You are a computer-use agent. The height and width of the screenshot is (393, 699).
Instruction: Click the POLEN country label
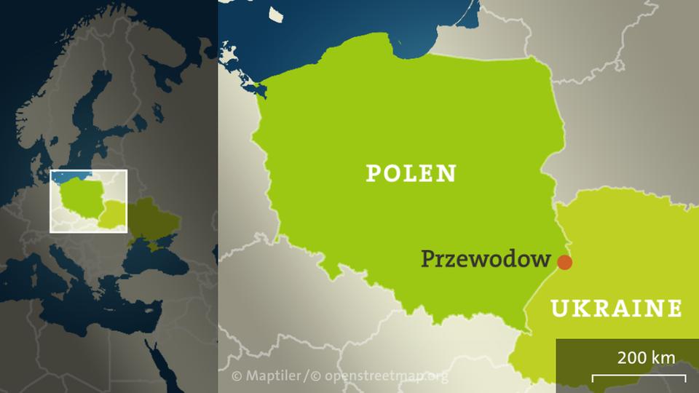click(x=411, y=173)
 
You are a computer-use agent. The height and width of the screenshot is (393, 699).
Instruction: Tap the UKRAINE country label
click(x=616, y=309)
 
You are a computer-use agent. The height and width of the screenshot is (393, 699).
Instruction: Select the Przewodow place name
click(x=486, y=258)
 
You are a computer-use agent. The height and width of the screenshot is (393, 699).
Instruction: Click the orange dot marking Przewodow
click(x=564, y=262)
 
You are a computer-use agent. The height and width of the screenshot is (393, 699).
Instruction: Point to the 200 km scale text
click(x=646, y=357)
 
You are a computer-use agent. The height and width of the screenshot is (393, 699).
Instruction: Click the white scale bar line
click(x=639, y=377)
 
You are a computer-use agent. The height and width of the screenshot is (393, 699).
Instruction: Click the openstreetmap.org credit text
click(x=387, y=376)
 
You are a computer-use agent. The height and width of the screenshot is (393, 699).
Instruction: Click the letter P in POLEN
click(x=373, y=173)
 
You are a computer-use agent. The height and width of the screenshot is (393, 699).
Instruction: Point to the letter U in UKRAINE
click(x=559, y=309)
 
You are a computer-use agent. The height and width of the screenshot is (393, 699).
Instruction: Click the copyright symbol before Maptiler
click(x=236, y=376)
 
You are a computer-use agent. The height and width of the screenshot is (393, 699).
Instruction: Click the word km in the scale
click(x=663, y=357)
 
